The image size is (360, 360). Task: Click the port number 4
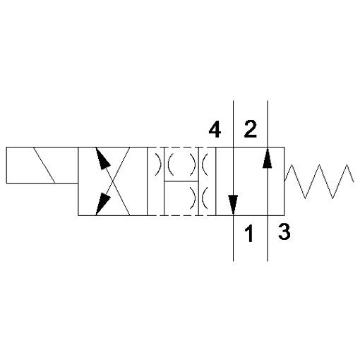pos(215,130)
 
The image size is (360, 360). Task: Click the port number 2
pos(250,129)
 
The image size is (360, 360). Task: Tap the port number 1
pos(248,233)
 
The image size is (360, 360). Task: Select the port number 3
pos(284,232)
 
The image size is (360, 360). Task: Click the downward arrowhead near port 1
pos(233,205)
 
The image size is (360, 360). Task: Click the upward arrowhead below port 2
pos(268,158)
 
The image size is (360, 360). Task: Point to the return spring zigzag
pos(319,181)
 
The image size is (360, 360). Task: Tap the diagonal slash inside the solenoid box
pos(44,165)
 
